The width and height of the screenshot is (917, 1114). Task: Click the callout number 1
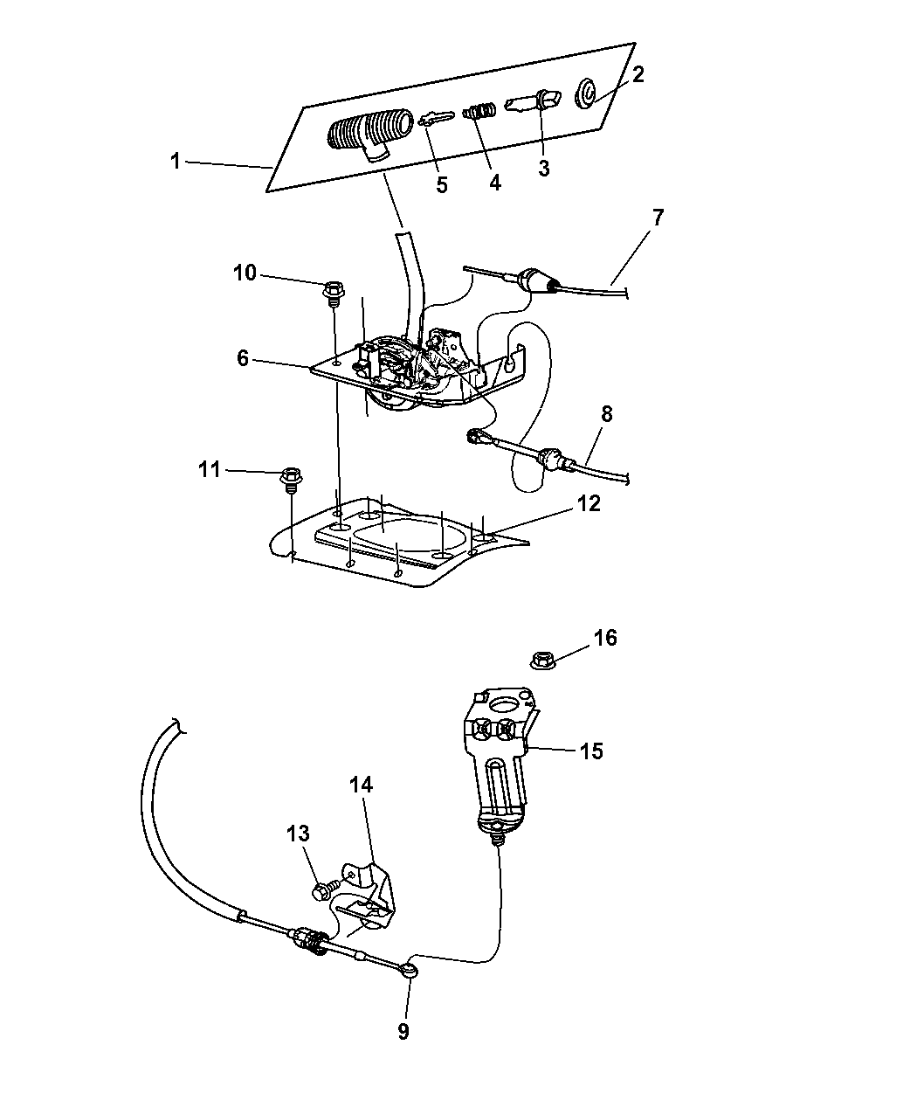point(176,162)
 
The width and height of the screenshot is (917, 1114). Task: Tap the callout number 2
point(638,74)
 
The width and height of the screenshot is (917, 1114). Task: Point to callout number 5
point(442,184)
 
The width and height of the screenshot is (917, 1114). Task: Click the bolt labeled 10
point(333,290)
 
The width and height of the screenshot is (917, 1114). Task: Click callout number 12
point(589,503)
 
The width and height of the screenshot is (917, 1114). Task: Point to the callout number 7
point(658,218)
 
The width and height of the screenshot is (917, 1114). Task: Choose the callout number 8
point(606,414)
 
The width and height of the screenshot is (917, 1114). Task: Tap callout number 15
point(591,751)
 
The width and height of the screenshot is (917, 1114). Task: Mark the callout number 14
point(362,785)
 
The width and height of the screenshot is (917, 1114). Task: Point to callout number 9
point(403,1031)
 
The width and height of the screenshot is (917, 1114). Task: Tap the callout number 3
point(544,169)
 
